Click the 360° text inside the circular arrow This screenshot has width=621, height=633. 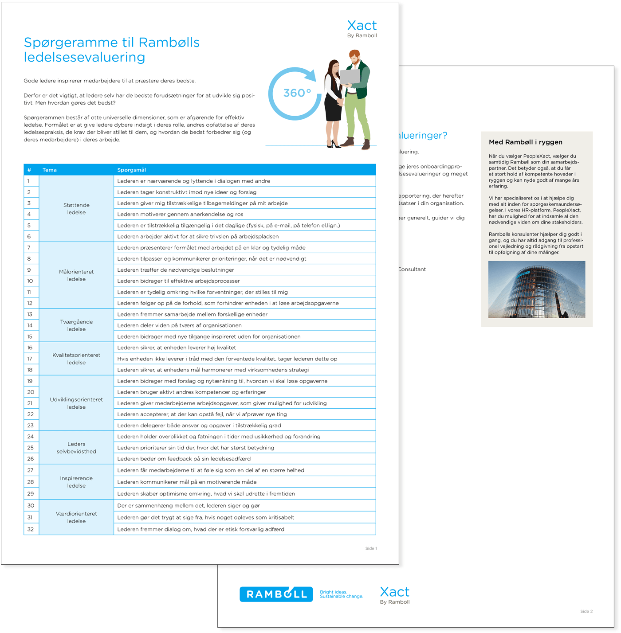click(x=297, y=93)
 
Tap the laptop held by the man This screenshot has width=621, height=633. click(x=350, y=77)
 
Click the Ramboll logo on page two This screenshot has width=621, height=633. click(x=277, y=594)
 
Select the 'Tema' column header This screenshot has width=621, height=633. click(x=50, y=170)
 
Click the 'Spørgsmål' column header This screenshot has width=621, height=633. click(x=131, y=170)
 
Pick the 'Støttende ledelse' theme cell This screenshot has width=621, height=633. click(x=76, y=209)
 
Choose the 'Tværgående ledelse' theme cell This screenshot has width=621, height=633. click(x=76, y=325)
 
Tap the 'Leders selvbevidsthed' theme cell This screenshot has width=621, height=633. click(x=76, y=448)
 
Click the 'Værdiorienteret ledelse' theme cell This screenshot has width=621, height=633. click(x=76, y=517)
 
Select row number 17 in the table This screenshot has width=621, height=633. click(x=30, y=359)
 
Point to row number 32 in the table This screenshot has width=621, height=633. click(x=31, y=529)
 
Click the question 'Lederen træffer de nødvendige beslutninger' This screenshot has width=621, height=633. click(x=176, y=270)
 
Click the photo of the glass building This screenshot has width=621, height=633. click(x=537, y=289)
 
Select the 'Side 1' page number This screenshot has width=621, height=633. click(x=371, y=548)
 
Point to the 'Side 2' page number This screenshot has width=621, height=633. click(x=586, y=611)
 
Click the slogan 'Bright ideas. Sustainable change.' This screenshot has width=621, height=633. click(x=341, y=594)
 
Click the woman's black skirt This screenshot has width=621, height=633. click(x=333, y=109)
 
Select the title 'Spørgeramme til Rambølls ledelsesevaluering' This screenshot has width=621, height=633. click(x=112, y=50)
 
